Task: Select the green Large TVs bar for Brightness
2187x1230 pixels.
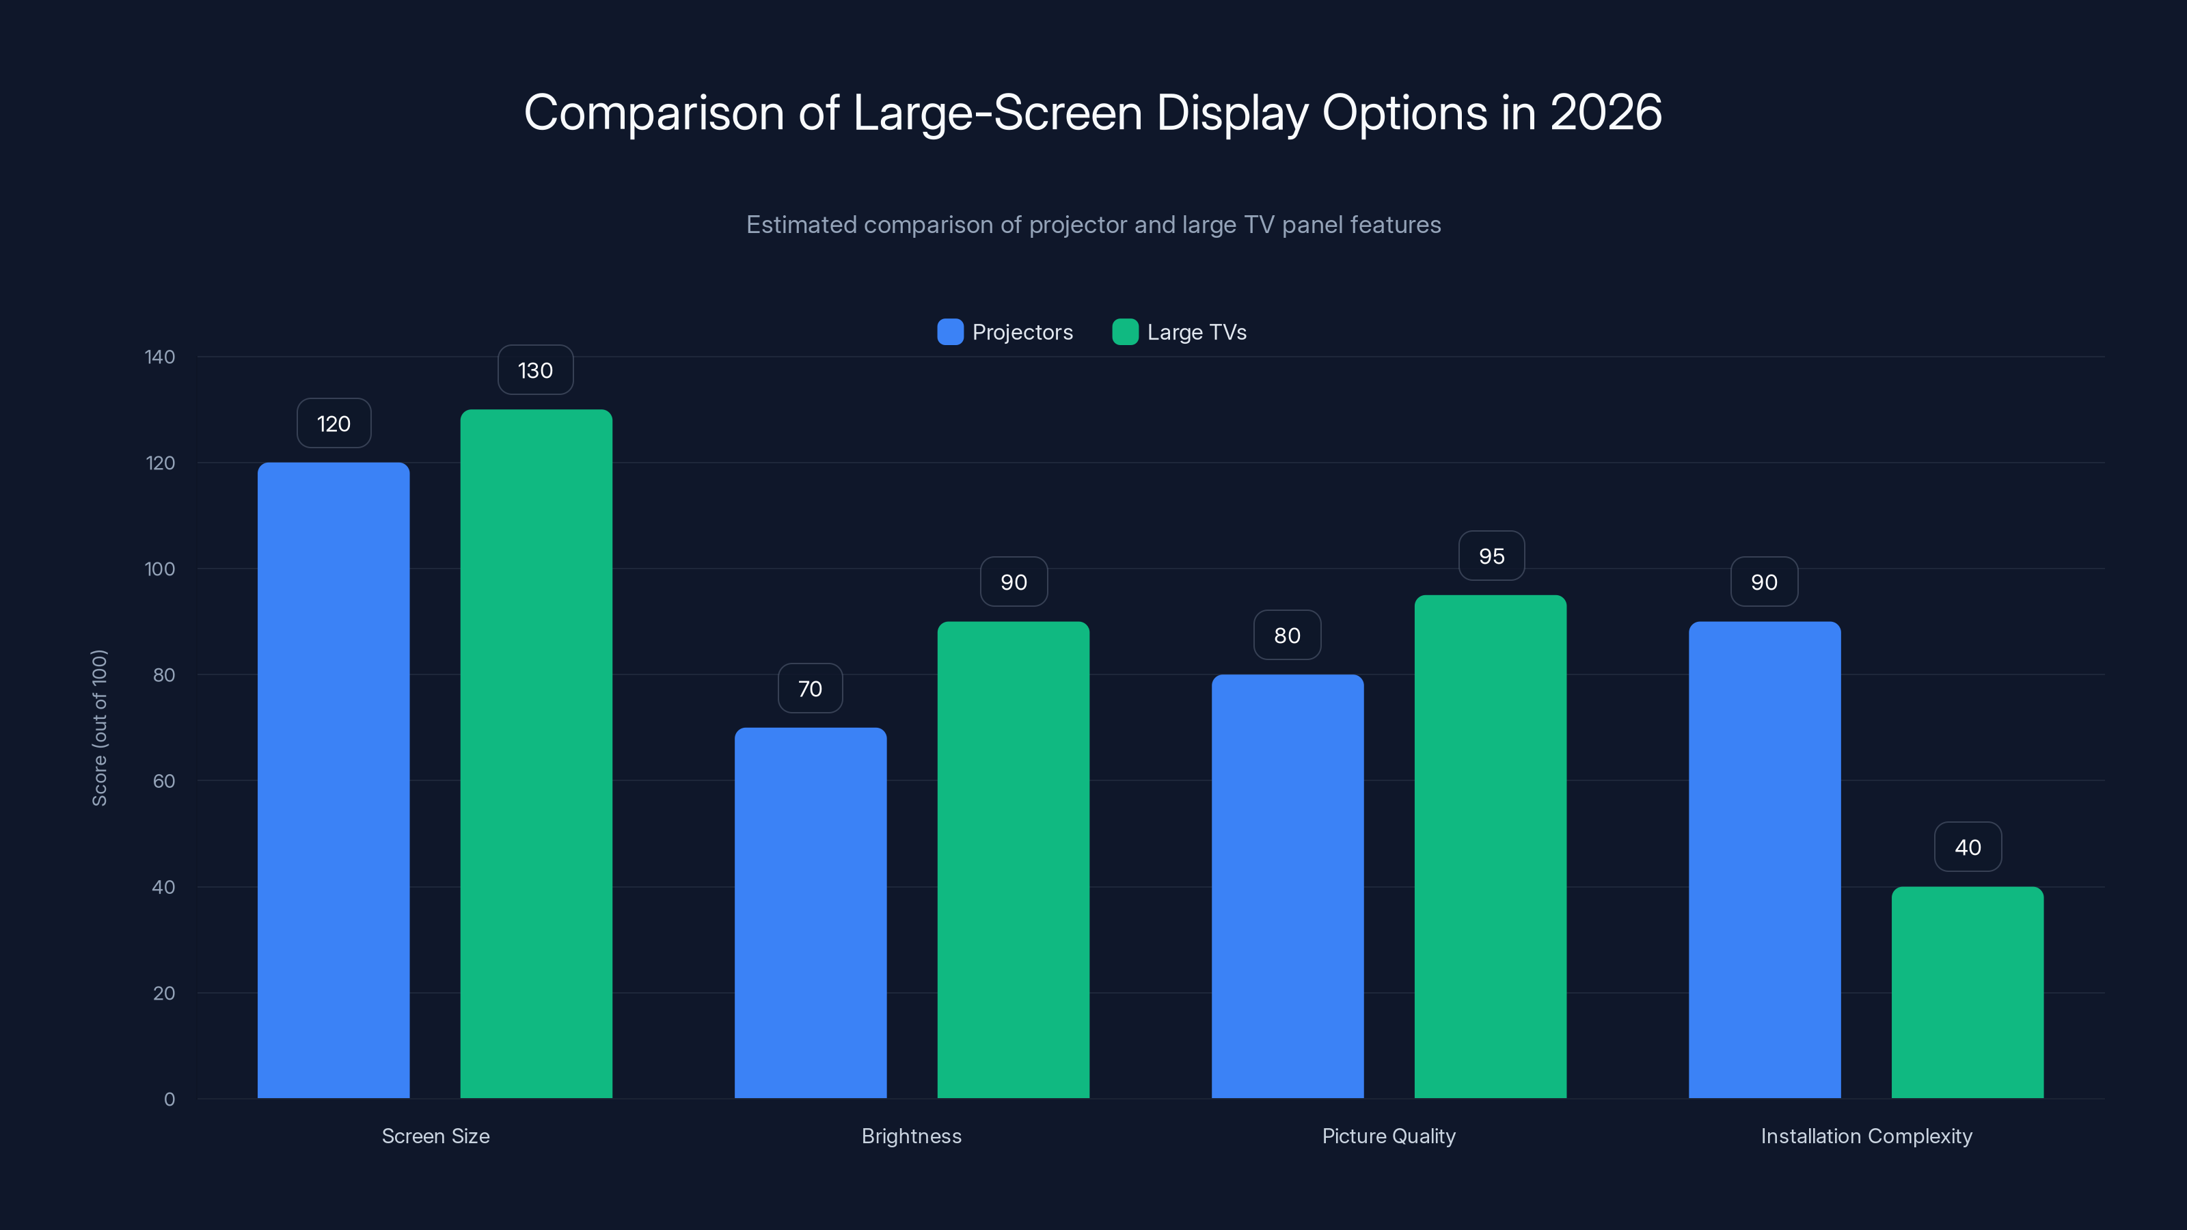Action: (x=1013, y=859)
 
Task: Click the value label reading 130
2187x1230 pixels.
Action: (x=535, y=370)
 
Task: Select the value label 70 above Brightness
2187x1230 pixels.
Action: (x=810, y=688)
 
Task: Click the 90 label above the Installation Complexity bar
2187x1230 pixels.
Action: (x=1763, y=582)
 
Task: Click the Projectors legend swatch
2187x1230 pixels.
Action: (x=950, y=332)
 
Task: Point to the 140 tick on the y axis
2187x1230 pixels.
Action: (x=160, y=357)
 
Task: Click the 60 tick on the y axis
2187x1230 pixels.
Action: (x=164, y=781)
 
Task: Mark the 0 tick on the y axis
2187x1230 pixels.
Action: (x=169, y=1099)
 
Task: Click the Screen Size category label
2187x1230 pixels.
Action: (x=435, y=1136)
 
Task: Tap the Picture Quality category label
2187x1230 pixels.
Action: (x=1388, y=1136)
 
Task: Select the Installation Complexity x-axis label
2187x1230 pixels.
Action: (x=1865, y=1136)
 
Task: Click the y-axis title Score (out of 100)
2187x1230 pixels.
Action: (x=99, y=728)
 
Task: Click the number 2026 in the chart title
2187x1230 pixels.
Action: (x=1605, y=112)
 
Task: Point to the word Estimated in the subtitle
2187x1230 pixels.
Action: (x=800, y=224)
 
